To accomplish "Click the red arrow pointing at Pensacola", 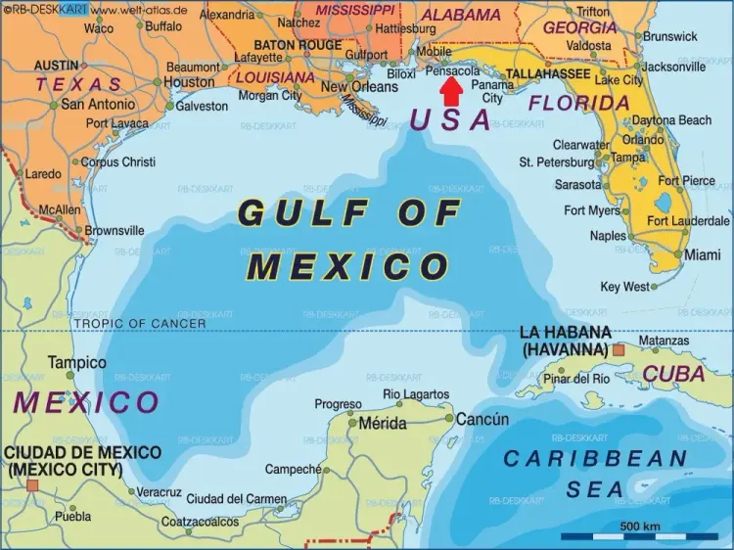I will pyautogui.click(x=451, y=91).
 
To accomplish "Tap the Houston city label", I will pyautogui.click(x=189, y=82).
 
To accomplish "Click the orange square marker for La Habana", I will pyautogui.click(x=619, y=349).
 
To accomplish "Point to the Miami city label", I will pyautogui.click(x=703, y=254).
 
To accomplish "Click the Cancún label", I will pyautogui.click(x=482, y=419).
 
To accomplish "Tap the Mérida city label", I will pyautogui.click(x=383, y=424).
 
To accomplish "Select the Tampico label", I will pyautogui.click(x=77, y=362).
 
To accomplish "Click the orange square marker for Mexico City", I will pyautogui.click(x=32, y=484).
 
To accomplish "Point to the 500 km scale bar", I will pyautogui.click(x=640, y=535).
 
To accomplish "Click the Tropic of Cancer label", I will pyautogui.click(x=141, y=323).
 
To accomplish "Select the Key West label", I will pyautogui.click(x=624, y=287).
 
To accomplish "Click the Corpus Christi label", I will pyautogui.click(x=117, y=161).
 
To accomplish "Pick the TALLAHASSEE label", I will pyautogui.click(x=547, y=74).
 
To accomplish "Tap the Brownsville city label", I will pyautogui.click(x=115, y=231).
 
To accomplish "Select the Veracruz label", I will pyautogui.click(x=159, y=492).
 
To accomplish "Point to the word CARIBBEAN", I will pyautogui.click(x=595, y=458).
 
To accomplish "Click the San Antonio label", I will pyautogui.click(x=99, y=104).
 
